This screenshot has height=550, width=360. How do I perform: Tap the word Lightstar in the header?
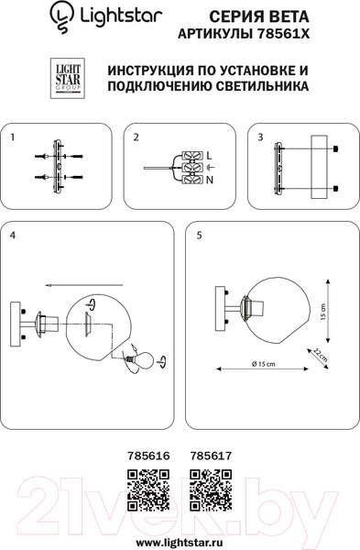(121, 16)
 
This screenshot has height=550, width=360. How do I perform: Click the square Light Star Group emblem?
(68, 78)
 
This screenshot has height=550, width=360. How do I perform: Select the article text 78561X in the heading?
(283, 34)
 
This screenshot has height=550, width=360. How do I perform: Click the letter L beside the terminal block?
(209, 156)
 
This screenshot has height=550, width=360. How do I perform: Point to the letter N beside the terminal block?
(210, 181)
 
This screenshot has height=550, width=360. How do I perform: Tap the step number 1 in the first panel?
(13, 137)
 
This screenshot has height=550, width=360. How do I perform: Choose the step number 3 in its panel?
(260, 137)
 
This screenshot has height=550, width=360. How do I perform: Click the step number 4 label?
(13, 236)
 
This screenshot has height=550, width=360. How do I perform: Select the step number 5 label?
(199, 236)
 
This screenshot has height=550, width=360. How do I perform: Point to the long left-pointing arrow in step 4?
(84, 285)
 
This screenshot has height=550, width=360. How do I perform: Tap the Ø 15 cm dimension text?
(263, 364)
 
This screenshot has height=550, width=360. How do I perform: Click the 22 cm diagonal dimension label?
(320, 355)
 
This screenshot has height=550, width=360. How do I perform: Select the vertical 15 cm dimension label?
(322, 312)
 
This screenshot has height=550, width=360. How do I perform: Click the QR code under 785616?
(148, 490)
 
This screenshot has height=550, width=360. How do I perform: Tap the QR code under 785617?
(211, 490)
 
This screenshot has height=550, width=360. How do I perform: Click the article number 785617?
(211, 456)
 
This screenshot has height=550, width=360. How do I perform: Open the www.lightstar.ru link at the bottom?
(180, 543)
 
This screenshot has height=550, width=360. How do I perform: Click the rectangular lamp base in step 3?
(319, 168)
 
